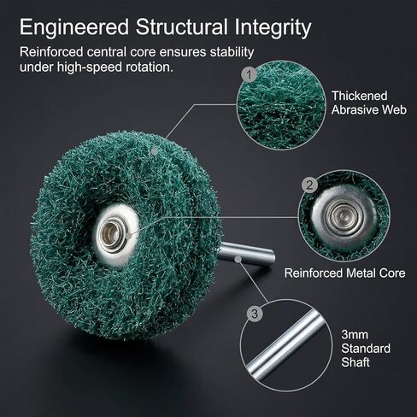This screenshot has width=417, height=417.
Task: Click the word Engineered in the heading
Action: tap(74, 28)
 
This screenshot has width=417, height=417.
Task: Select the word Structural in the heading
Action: tap(182, 27)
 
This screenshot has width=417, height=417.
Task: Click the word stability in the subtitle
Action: tap(232, 53)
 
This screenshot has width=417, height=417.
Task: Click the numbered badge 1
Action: tap(250, 74)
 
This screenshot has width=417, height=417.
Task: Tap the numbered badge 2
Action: tap(309, 185)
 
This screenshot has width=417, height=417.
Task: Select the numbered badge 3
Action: tap(255, 314)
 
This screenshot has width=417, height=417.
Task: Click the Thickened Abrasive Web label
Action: tap(369, 103)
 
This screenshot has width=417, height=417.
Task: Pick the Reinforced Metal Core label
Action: tap(344, 273)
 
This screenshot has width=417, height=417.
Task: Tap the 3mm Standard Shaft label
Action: tap(366, 349)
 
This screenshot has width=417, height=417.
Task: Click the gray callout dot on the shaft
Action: tap(238, 259)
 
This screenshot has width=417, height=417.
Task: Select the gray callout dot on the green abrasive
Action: tap(154, 152)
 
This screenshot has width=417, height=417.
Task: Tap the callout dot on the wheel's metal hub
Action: tap(128, 236)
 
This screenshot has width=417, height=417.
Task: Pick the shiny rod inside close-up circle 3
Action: tap(286, 345)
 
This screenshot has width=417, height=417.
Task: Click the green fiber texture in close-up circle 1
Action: tap(281, 105)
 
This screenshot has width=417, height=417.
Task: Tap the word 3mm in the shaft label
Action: tap(355, 335)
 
